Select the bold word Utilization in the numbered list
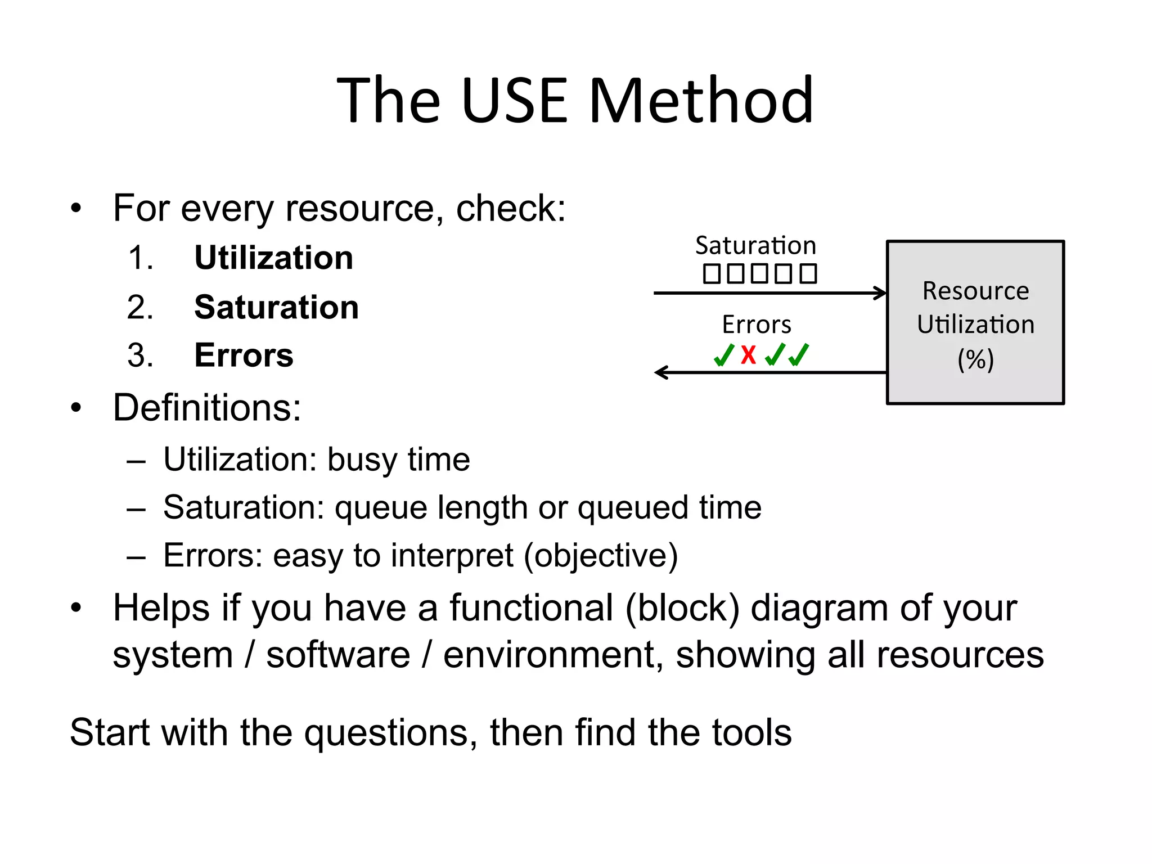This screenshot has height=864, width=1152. (273, 258)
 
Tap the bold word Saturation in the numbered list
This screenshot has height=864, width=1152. (276, 308)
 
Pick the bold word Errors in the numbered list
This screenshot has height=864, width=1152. (244, 355)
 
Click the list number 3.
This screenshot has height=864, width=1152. (140, 355)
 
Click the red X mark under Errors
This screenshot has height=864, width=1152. (748, 355)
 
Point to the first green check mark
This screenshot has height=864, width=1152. (723, 355)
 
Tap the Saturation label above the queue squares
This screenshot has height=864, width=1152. (755, 246)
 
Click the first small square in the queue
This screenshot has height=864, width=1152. (712, 274)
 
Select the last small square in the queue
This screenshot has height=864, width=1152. (808, 274)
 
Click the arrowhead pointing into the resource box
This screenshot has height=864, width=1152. (881, 293)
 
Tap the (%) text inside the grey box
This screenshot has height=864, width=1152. (975, 359)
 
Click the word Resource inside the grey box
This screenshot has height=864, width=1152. (975, 291)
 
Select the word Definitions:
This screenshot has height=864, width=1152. (207, 407)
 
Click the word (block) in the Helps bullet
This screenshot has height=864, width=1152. (682, 609)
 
